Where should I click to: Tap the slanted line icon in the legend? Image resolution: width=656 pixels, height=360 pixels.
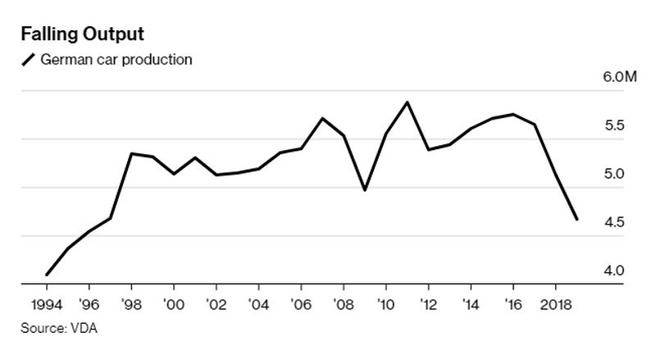29,59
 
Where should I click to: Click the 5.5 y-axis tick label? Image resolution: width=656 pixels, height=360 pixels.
614,126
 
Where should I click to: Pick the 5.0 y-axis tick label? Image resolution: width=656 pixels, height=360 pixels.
614,175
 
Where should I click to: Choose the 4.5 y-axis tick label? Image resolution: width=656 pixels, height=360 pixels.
614,223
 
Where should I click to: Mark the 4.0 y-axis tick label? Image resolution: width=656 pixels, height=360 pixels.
614,271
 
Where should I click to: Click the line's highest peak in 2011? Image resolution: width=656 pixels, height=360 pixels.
408,103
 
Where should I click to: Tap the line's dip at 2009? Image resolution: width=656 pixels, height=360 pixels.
365,190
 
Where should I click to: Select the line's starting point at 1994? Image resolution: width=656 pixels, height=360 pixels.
47,275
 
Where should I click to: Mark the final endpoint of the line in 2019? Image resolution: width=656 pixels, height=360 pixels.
577,220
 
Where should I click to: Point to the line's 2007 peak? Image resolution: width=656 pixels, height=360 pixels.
322,118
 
